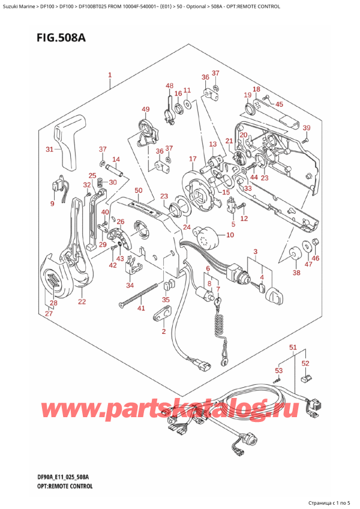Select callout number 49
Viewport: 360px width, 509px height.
tap(145, 109)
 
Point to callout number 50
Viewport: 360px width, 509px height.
tap(138, 191)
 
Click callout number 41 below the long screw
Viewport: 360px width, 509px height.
tap(142, 309)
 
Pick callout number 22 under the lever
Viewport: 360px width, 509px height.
tap(82, 301)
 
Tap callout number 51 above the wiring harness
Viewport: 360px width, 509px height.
tap(293, 348)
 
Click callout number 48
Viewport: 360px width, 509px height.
tap(170, 86)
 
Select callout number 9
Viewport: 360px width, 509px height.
tap(52, 203)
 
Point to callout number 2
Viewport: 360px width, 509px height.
tap(163, 331)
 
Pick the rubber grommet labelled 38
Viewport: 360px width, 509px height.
tap(295, 253)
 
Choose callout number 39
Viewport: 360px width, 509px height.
tap(306, 128)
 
